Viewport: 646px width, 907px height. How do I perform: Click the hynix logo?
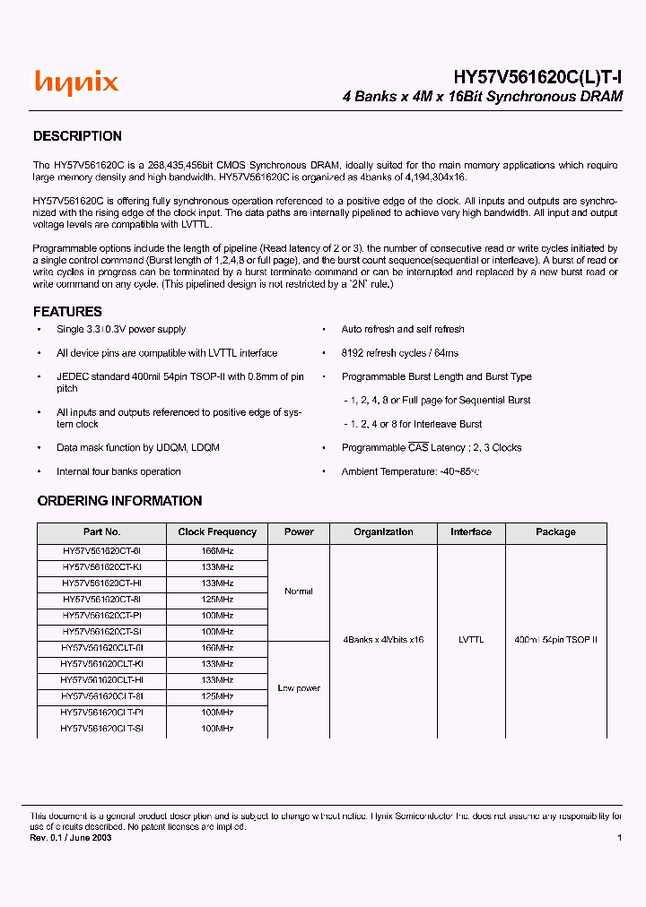[76, 83]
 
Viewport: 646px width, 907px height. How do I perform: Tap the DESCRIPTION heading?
[77, 136]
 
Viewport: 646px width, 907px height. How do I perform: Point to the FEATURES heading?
[67, 312]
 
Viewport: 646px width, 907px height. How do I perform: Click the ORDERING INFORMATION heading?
[119, 501]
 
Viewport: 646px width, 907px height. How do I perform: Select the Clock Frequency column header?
[217, 532]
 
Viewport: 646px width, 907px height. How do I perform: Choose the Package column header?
[555, 532]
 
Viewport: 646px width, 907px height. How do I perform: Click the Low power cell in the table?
[299, 688]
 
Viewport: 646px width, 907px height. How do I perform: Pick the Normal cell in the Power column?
[299, 592]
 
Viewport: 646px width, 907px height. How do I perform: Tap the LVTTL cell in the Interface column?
[471, 640]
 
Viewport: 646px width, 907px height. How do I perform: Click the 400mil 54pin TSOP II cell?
[555, 640]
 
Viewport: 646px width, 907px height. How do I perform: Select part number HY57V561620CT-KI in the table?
[102, 567]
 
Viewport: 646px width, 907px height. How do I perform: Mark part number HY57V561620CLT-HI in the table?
[102, 680]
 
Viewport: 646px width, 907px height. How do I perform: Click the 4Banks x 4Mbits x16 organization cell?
[383, 640]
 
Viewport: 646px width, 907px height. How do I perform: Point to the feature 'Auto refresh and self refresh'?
[403, 330]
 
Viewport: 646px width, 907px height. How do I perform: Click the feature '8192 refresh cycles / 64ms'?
[399, 353]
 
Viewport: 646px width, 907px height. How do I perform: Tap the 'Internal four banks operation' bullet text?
[118, 471]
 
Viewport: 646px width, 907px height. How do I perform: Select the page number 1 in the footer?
[619, 837]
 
